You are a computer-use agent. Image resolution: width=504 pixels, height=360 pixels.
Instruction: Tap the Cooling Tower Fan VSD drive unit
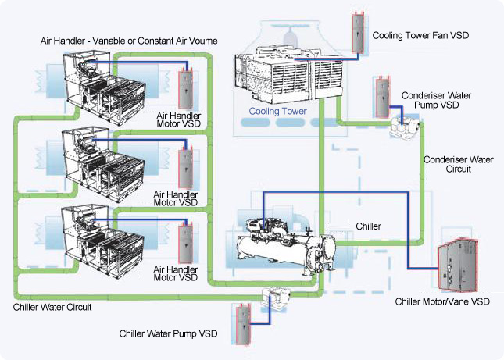[359, 32]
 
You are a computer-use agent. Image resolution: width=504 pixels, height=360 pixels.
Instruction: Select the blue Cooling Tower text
[278, 112]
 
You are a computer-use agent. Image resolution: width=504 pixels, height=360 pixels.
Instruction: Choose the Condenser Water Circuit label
[458, 164]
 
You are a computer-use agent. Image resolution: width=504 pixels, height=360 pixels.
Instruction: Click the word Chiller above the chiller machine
[368, 226]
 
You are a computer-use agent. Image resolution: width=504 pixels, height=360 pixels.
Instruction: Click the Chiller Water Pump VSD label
[169, 333]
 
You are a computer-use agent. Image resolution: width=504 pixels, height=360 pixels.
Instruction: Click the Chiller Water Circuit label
[53, 308]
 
